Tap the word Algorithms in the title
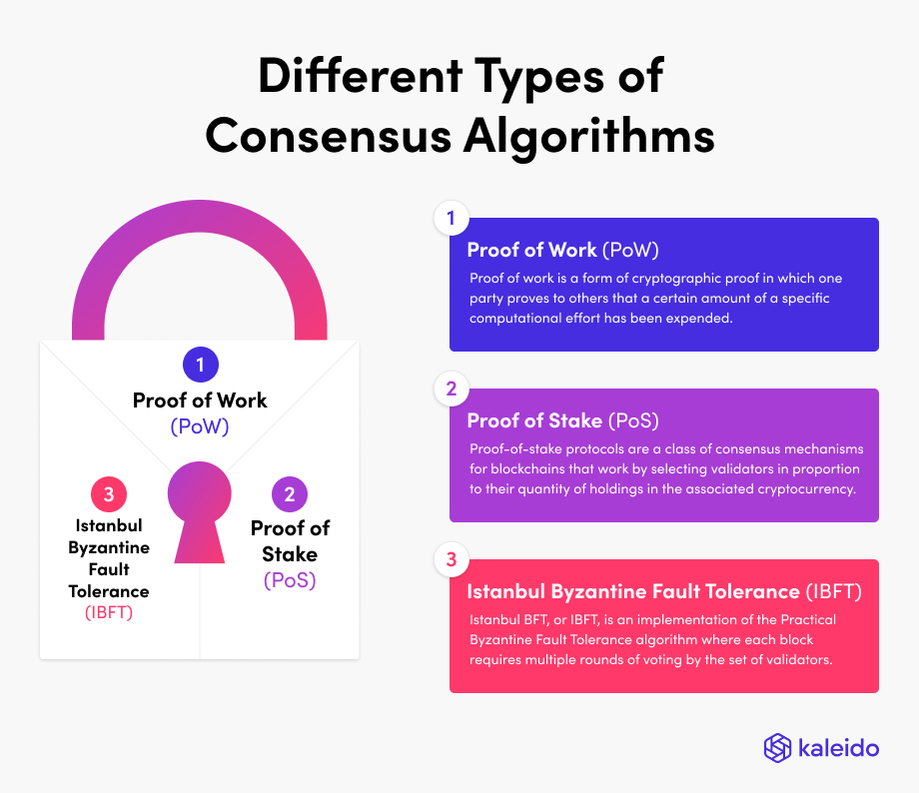tap(588, 136)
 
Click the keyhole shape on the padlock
tap(200, 509)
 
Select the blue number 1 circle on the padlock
tap(200, 365)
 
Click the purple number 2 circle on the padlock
tap(290, 493)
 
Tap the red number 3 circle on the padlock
tap(109, 493)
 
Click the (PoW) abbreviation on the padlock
tap(200, 426)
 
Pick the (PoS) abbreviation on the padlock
tap(290, 579)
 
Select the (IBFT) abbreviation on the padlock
tap(108, 612)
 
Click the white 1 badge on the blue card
tap(451, 219)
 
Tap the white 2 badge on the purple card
tap(451, 390)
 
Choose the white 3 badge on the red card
tap(451, 560)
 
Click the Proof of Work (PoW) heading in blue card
tap(562, 250)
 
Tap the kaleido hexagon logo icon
tap(777, 748)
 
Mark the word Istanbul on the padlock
tap(109, 526)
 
